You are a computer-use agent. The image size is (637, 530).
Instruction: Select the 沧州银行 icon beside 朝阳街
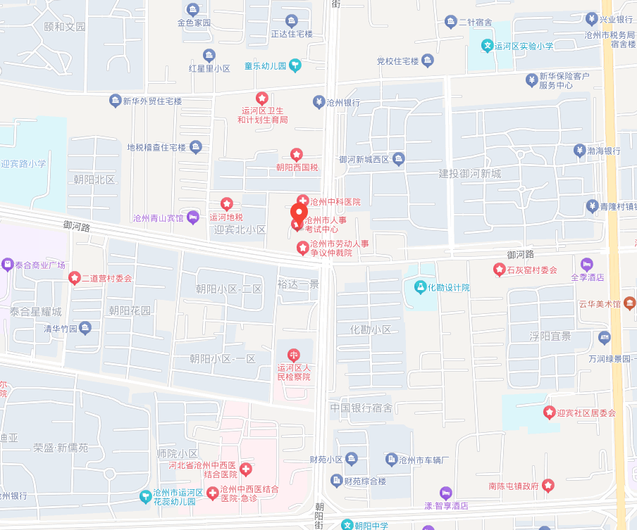pyautogui.click(x=318, y=102)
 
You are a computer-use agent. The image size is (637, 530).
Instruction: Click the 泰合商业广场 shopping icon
pyautogui.click(x=7, y=265)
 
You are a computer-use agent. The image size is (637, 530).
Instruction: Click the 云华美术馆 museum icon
pyautogui.click(x=629, y=304)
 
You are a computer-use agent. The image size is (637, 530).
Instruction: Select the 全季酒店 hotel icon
pyautogui.click(x=586, y=264)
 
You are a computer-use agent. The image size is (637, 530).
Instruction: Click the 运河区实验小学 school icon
pyautogui.click(x=487, y=46)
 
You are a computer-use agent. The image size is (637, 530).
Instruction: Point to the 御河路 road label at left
pyautogui.click(x=76, y=227)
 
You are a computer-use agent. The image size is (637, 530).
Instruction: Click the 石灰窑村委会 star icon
pyautogui.click(x=499, y=270)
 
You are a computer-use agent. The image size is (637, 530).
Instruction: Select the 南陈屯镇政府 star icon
pyautogui.click(x=548, y=486)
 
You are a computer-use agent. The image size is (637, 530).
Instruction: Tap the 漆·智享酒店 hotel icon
pyautogui.click(x=445, y=492)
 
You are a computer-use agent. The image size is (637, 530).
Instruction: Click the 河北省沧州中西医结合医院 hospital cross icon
pyautogui.click(x=246, y=469)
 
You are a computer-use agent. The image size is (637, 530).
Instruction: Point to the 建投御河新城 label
pyautogui.click(x=470, y=174)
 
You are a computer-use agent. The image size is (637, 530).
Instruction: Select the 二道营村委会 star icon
pyautogui.click(x=73, y=278)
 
